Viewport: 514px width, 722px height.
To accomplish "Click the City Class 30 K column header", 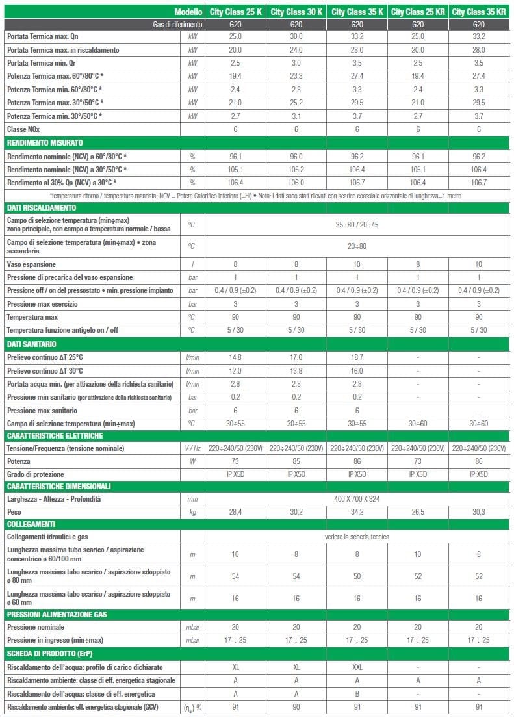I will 296,12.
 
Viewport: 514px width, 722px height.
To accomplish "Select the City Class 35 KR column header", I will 479,12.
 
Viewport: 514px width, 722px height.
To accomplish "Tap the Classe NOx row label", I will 25,129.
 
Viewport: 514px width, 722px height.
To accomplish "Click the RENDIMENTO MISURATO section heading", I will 45,142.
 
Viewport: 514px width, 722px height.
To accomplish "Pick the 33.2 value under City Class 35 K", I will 357,36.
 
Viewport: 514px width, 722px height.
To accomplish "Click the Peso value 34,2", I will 357,511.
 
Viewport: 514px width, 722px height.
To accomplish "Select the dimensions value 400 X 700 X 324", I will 357,498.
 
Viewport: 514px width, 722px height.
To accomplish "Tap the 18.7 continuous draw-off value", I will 357,357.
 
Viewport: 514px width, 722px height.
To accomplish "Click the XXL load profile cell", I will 357,667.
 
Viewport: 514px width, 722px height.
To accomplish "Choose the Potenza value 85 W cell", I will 296,461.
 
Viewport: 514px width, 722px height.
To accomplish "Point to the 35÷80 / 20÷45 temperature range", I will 357,224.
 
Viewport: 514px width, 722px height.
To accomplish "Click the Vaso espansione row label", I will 31,264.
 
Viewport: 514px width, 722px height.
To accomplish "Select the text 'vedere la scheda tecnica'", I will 357,537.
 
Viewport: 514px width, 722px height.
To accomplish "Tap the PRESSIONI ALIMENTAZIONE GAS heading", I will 57,614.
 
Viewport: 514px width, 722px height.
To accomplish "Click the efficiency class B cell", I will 357,693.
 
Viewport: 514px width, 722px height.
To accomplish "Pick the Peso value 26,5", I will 418,511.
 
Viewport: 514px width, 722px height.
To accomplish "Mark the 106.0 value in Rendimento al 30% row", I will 296,182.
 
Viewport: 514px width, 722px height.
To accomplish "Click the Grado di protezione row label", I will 38,474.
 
